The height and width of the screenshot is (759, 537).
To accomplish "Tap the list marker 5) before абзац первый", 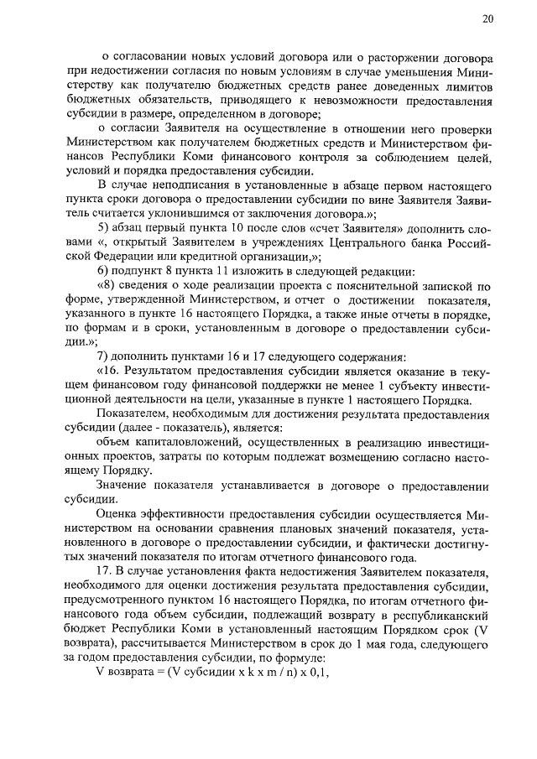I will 102,226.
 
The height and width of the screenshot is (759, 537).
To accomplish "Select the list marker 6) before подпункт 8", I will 102,269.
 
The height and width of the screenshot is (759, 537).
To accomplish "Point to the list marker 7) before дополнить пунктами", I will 102,356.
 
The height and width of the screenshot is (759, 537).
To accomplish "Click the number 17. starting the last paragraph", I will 105,572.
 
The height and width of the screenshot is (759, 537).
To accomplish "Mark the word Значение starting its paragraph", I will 123,486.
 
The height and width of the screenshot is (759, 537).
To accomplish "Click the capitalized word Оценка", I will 119,514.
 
